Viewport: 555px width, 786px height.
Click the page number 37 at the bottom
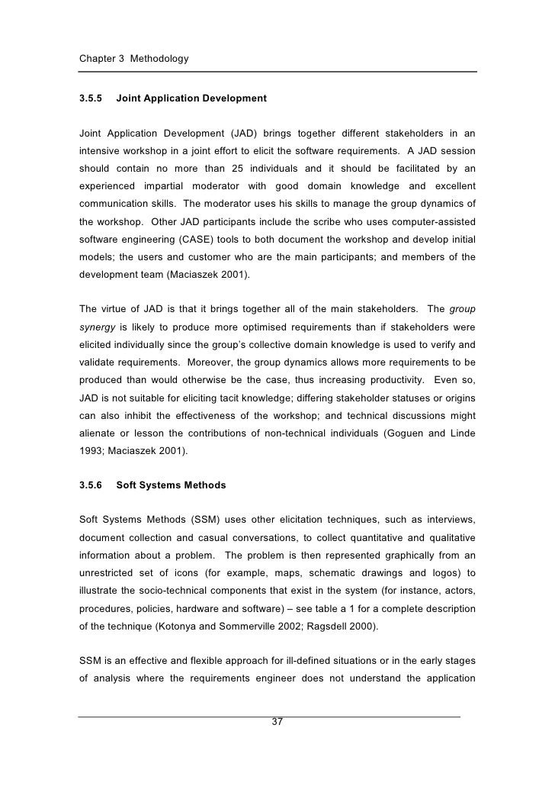click(x=277, y=723)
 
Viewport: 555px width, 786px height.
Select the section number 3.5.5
click(x=91, y=98)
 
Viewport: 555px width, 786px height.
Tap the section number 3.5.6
click(x=91, y=485)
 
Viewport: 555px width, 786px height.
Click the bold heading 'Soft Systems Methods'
click(x=172, y=485)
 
